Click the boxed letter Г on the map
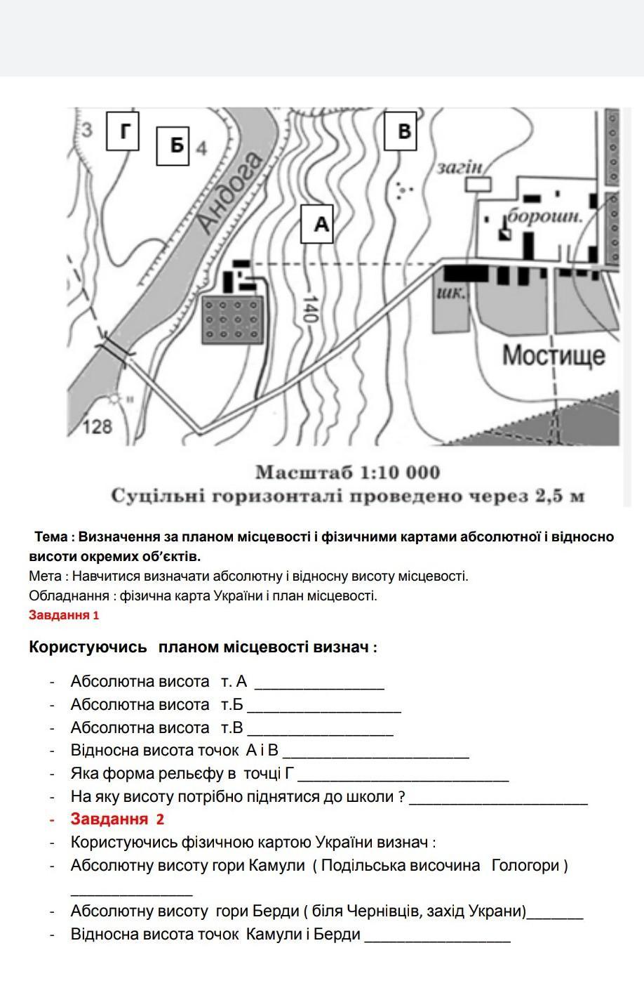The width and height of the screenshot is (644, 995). (x=122, y=131)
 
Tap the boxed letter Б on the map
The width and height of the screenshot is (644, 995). (x=173, y=145)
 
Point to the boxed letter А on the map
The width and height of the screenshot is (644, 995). (x=316, y=224)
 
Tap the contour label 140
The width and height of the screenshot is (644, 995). (x=309, y=309)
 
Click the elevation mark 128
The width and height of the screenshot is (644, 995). (x=98, y=426)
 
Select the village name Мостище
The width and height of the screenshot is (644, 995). (x=553, y=355)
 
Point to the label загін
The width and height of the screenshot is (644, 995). (x=460, y=167)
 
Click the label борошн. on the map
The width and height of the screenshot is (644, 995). (x=545, y=216)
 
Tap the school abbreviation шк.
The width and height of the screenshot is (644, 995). (x=450, y=292)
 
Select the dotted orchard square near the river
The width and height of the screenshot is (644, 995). (x=232, y=319)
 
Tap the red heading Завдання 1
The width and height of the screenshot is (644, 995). (x=64, y=615)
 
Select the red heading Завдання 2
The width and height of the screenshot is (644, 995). (x=117, y=819)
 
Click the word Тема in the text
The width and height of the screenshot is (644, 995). (x=51, y=536)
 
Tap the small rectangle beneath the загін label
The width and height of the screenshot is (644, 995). (x=479, y=184)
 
